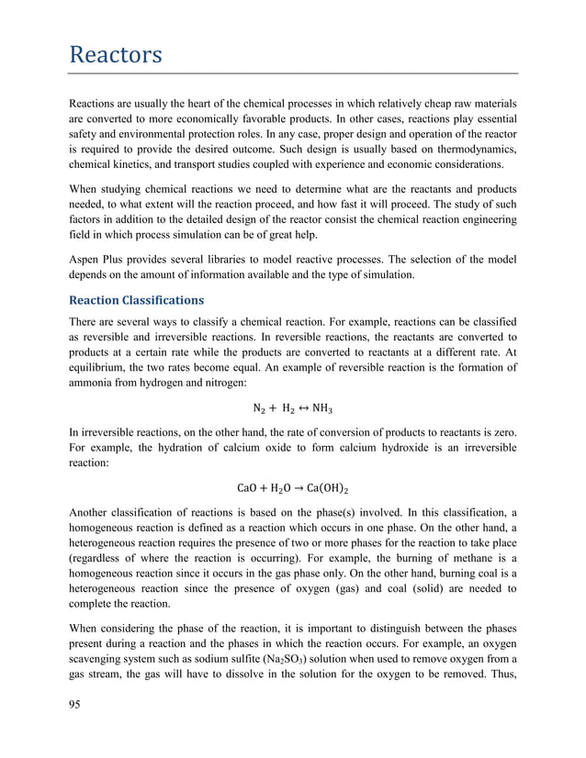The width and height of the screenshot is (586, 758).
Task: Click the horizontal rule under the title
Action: pos(293,73)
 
